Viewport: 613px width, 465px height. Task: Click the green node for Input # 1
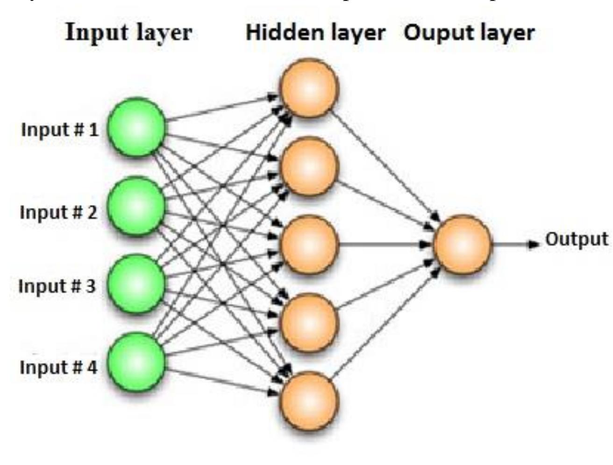[x=136, y=127]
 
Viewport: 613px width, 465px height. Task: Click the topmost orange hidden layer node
[x=308, y=88]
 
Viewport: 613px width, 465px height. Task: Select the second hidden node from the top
[x=308, y=166]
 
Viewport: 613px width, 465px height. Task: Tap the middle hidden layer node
[x=308, y=244]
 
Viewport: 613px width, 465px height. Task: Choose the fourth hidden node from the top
[x=308, y=322]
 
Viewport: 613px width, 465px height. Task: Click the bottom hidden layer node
[x=308, y=400]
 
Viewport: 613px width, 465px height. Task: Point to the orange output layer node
[x=463, y=244]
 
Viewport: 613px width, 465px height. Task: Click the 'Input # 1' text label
[x=60, y=130]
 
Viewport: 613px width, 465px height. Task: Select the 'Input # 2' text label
[x=59, y=212]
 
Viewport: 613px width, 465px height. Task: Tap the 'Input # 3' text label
[x=57, y=285]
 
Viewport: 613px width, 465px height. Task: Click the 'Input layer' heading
[x=128, y=33]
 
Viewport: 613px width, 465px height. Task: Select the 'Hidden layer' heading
[x=315, y=33]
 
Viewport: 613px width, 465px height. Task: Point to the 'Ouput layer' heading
[x=469, y=33]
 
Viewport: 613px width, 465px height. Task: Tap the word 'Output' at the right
[x=577, y=239]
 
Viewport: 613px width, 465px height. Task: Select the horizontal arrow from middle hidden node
[x=378, y=244]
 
